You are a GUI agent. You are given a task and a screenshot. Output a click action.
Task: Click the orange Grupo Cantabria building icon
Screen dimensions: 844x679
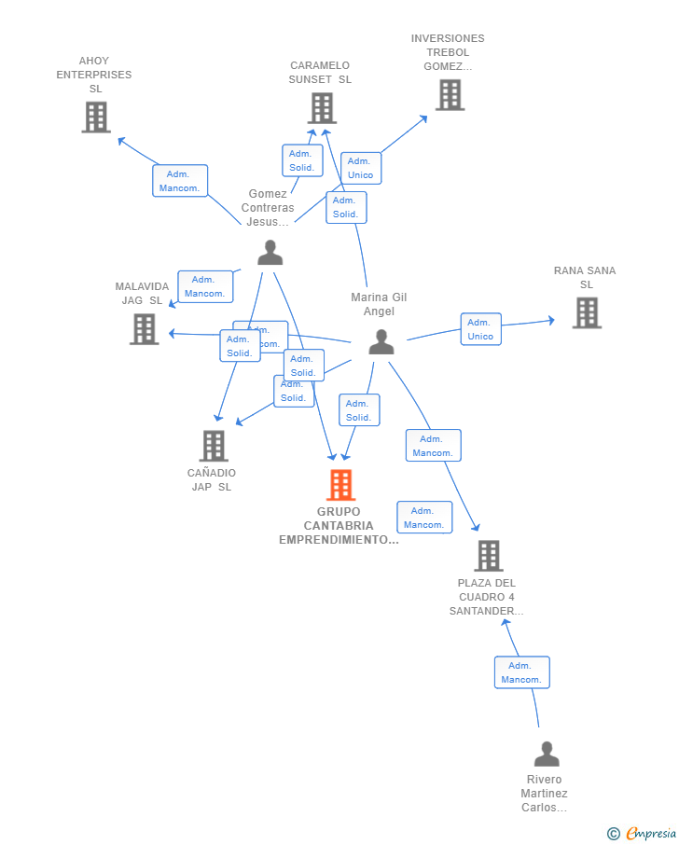click(340, 485)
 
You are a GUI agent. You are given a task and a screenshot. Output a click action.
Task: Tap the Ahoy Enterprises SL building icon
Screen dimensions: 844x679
click(95, 118)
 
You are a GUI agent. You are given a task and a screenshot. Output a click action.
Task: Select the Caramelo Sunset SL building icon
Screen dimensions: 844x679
click(322, 109)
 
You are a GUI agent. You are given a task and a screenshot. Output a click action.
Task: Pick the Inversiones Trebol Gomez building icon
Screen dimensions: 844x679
click(450, 95)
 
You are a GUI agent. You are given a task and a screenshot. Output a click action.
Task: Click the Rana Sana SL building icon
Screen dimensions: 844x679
click(586, 313)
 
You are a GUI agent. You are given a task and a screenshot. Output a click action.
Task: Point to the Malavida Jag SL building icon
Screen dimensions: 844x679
click(144, 329)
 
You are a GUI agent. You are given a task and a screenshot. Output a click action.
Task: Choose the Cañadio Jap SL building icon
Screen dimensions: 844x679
click(214, 446)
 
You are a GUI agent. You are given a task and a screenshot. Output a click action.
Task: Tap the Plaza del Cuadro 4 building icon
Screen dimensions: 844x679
click(488, 556)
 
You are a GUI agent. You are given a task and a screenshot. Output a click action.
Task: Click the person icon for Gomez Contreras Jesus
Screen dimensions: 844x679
click(270, 253)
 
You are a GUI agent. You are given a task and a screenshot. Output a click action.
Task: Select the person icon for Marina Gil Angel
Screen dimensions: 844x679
click(381, 342)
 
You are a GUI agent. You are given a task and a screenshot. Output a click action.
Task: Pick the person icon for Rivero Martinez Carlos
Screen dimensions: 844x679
click(547, 754)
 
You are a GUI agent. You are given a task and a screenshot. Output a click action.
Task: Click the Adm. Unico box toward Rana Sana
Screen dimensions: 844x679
click(480, 329)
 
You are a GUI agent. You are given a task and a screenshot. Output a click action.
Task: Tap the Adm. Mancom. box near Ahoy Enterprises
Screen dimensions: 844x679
click(180, 181)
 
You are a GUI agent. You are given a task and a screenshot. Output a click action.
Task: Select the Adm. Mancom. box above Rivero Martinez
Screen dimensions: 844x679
click(521, 672)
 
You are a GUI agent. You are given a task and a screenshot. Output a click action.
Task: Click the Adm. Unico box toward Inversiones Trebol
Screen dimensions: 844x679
click(360, 168)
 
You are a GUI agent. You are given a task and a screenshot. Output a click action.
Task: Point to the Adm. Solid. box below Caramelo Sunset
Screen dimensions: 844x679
click(301, 160)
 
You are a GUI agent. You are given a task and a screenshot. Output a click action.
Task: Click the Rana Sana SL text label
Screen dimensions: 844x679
click(585, 278)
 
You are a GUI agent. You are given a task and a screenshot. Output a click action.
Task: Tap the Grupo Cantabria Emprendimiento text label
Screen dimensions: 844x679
click(339, 526)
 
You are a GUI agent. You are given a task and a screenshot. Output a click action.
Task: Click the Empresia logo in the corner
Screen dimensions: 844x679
click(642, 833)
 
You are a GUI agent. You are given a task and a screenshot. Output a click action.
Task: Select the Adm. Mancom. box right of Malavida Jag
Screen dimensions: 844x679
click(205, 286)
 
